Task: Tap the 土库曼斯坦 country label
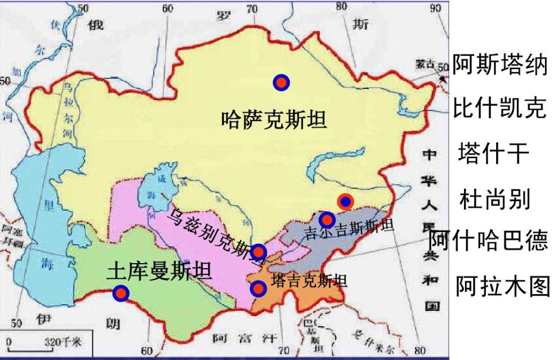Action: click(x=159, y=273)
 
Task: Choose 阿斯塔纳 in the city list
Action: click(x=499, y=65)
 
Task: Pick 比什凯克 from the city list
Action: click(x=499, y=109)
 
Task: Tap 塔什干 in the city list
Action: click(x=494, y=153)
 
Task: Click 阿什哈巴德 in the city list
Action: click(x=489, y=242)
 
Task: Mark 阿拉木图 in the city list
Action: click(x=502, y=286)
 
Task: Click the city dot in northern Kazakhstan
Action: click(x=281, y=83)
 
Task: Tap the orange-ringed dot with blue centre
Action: click(x=345, y=201)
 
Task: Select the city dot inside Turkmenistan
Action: click(x=120, y=293)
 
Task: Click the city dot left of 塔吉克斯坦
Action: click(x=258, y=288)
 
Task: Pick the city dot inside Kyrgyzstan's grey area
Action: click(x=327, y=219)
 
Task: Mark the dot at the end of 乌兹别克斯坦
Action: click(x=258, y=251)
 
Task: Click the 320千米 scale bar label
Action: click(x=63, y=342)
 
